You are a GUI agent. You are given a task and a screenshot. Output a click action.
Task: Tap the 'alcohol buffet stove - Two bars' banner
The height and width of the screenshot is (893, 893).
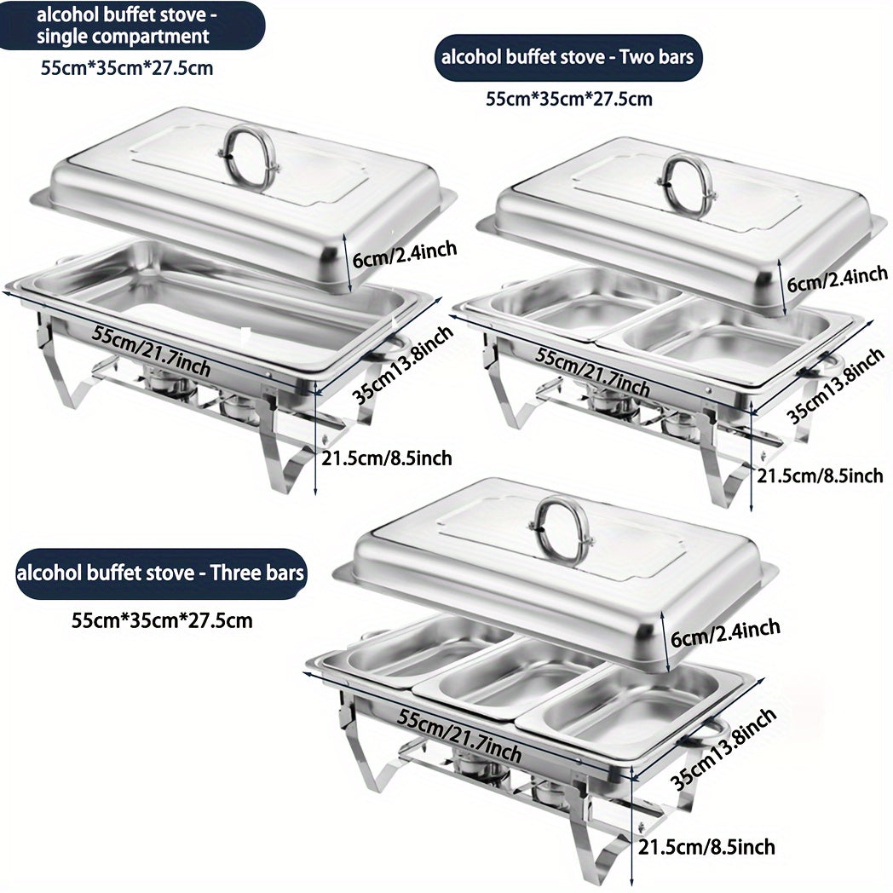coord(568,58)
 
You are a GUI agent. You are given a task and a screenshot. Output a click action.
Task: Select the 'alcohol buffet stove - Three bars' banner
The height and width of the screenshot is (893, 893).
coord(161,573)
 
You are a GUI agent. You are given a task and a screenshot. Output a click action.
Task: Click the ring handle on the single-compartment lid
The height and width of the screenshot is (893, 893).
coord(249,156)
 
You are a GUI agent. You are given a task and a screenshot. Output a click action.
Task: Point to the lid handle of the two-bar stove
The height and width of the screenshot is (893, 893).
coord(687,183)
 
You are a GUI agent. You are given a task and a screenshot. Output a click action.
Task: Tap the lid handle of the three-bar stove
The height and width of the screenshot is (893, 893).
coord(558,529)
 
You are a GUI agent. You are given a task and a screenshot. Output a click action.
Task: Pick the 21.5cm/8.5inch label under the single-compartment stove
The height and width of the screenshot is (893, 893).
coord(387,458)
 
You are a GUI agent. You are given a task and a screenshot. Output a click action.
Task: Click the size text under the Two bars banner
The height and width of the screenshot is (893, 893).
coord(568,99)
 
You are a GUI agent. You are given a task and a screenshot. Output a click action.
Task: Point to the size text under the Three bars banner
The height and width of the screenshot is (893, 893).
coord(162,619)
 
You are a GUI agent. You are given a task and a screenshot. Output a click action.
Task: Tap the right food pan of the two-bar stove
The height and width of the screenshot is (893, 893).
coord(729,337)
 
